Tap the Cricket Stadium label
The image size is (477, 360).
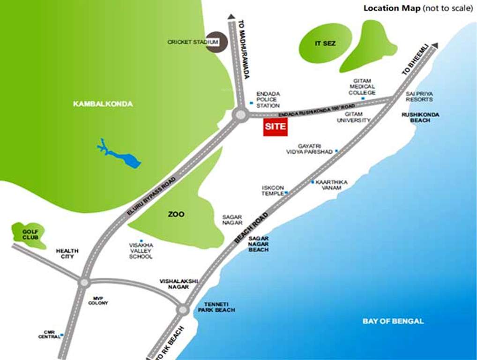click(x=193, y=42)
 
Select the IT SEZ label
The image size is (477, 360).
click(x=325, y=44)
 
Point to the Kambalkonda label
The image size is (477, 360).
click(x=103, y=104)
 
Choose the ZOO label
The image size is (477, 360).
click(x=176, y=214)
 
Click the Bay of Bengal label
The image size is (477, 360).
click(x=393, y=321)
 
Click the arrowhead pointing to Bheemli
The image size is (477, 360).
click(x=435, y=45)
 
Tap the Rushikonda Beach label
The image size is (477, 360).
click(x=416, y=117)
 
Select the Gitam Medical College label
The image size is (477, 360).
click(x=362, y=86)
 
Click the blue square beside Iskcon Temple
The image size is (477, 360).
click(x=286, y=193)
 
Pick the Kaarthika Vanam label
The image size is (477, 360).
click(x=328, y=185)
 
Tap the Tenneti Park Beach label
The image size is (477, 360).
click(x=216, y=307)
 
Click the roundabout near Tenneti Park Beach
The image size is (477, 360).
click(x=183, y=309)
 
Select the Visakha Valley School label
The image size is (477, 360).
click(x=141, y=251)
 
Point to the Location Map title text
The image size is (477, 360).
click(x=392, y=8)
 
